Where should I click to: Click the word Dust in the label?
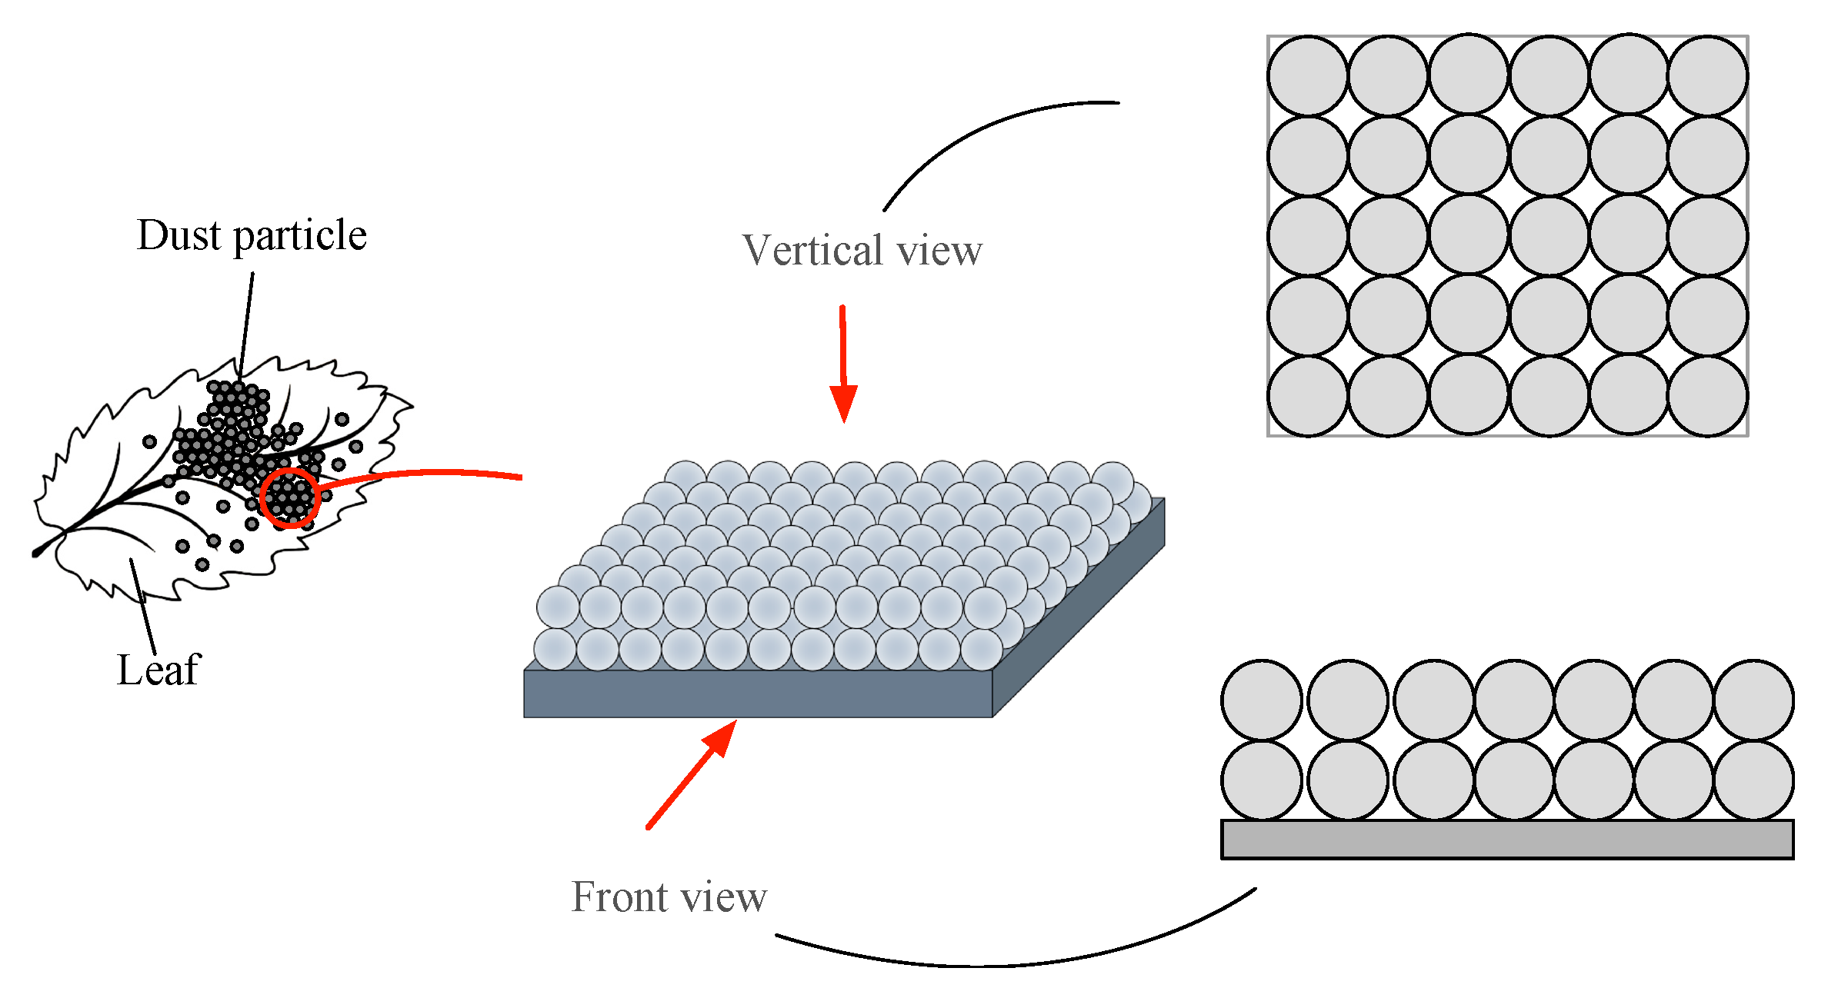tap(178, 235)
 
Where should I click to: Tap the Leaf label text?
tap(158, 670)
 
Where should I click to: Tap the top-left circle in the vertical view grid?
tap(1307, 76)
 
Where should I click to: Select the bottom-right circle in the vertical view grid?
tap(1707, 396)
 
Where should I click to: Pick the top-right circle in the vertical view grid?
tap(1707, 76)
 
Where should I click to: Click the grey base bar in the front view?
tap(1506, 840)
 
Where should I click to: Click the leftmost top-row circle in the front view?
tap(1261, 700)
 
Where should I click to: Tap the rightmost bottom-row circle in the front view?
tap(1753, 780)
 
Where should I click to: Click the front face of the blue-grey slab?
tap(758, 694)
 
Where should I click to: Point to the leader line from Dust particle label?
tap(246, 323)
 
